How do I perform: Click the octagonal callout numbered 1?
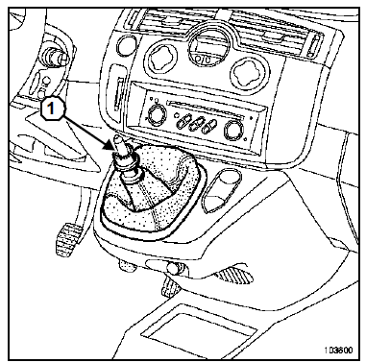click(x=51, y=109)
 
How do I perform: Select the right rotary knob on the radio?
click(x=233, y=129)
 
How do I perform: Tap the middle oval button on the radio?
click(x=196, y=124)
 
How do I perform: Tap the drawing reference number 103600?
click(x=339, y=351)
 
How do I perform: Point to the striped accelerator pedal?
click(x=233, y=276)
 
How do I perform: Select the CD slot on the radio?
click(x=205, y=108)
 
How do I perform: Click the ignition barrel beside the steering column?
click(x=57, y=55)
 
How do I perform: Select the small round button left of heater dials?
click(x=125, y=45)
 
